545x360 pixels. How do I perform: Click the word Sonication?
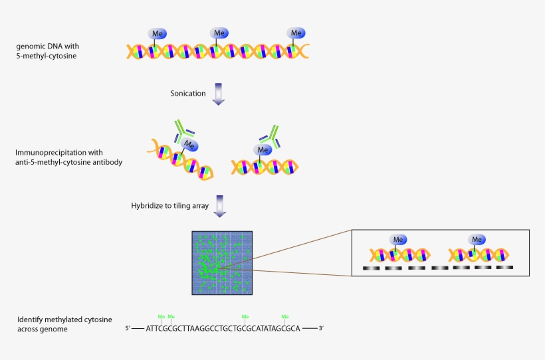[x=187, y=94]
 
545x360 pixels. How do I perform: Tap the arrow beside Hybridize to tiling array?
[x=218, y=205]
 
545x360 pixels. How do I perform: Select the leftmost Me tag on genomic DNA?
[x=158, y=33]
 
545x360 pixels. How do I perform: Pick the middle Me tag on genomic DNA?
[x=219, y=33]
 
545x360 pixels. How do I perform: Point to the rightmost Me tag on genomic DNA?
[x=296, y=33]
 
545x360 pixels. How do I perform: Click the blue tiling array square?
[x=222, y=262]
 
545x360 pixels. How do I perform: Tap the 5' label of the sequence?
[x=128, y=328]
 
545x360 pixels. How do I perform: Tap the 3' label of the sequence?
[x=321, y=328]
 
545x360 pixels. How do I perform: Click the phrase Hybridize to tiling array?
[x=169, y=205]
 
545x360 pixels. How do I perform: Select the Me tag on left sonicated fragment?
[x=190, y=145]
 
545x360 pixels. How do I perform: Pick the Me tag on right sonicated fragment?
[x=264, y=149]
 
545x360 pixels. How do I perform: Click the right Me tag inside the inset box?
[x=477, y=239]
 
